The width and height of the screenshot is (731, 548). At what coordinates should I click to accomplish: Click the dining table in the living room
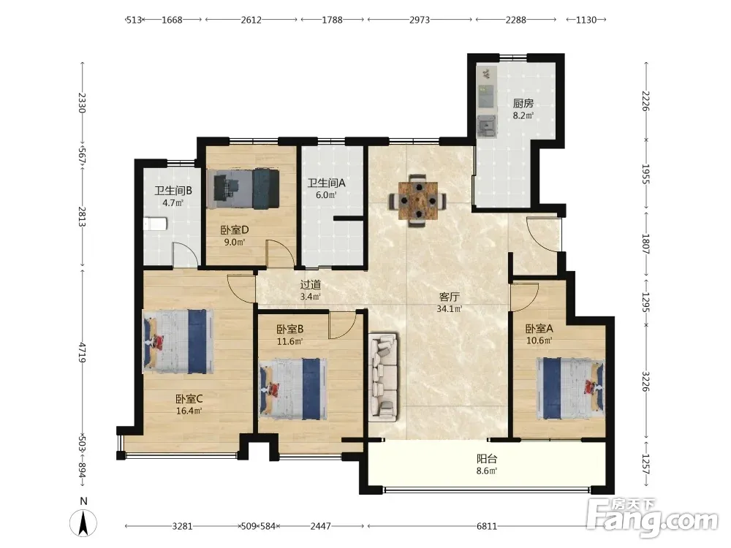(418, 200)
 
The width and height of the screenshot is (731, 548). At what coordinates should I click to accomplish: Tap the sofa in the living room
(383, 377)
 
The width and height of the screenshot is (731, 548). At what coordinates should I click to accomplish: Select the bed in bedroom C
(178, 341)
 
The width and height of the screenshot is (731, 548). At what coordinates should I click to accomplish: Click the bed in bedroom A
(570, 389)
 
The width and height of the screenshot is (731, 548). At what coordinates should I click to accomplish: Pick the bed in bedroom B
(293, 389)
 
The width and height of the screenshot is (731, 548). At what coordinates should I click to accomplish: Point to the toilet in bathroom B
(155, 224)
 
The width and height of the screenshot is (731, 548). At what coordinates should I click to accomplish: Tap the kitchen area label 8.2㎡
(523, 115)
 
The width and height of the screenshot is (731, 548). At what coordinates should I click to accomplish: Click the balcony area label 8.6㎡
(487, 471)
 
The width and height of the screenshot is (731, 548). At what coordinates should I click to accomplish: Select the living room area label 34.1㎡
(450, 308)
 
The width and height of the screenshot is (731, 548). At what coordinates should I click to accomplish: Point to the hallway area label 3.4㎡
(310, 297)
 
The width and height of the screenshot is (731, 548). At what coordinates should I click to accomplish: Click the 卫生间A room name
(326, 183)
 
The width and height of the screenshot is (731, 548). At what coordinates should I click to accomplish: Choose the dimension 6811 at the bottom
(487, 526)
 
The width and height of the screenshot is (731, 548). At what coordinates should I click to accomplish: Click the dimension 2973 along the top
(420, 20)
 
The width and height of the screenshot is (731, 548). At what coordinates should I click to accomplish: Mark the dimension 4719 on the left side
(82, 352)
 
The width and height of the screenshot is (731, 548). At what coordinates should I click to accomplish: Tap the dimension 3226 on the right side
(645, 381)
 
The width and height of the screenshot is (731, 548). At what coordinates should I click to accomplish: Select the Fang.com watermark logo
(652, 517)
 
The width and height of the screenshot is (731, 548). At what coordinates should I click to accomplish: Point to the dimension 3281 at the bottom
(182, 526)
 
